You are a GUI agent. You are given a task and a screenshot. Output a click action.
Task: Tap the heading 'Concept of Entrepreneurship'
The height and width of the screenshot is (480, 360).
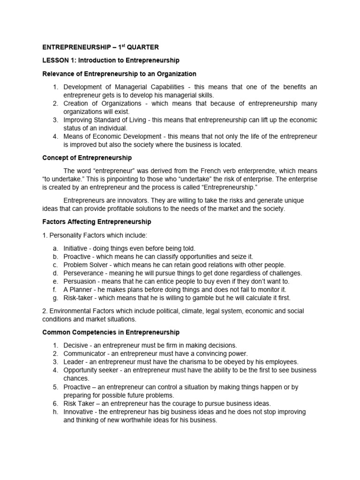(87, 157)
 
